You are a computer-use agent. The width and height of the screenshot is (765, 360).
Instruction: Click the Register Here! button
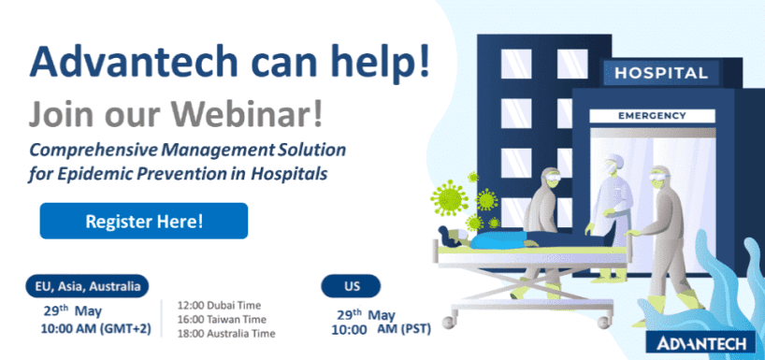[x=144, y=221]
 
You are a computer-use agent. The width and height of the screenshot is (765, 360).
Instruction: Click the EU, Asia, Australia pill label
[x=87, y=286]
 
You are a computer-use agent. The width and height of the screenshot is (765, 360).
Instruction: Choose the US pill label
[x=351, y=286]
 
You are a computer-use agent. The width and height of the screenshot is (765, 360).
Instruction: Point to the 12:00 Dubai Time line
[x=219, y=306]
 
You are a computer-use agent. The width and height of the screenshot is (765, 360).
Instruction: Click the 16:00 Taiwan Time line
[x=222, y=320]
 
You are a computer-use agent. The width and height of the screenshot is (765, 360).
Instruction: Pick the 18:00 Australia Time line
[x=226, y=334]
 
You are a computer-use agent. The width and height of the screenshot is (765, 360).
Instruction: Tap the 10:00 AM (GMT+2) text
[x=95, y=329]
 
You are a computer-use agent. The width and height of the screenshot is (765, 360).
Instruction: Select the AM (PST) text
[x=404, y=330]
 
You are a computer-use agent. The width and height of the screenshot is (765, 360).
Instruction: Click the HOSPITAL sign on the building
[x=661, y=73]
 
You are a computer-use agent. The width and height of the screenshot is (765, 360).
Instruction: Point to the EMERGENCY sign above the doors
[x=652, y=116]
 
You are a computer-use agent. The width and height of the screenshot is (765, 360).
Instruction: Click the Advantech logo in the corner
[x=700, y=342]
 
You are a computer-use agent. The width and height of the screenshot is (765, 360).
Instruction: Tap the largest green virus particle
[x=449, y=197]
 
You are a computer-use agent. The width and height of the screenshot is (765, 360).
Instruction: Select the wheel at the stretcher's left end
[x=448, y=322]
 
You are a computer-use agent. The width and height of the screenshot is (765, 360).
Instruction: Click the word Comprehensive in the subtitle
[x=93, y=151]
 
